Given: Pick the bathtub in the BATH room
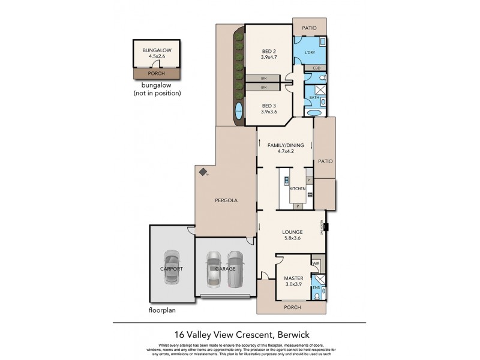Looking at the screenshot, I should click(313, 113).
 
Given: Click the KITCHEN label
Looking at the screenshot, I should click(298, 188).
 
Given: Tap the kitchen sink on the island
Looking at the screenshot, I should click(286, 181).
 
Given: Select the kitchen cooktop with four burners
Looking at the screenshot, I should click(310, 194).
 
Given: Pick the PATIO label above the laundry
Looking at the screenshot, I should click(309, 26).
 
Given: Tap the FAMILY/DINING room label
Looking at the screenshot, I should click(285, 145).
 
